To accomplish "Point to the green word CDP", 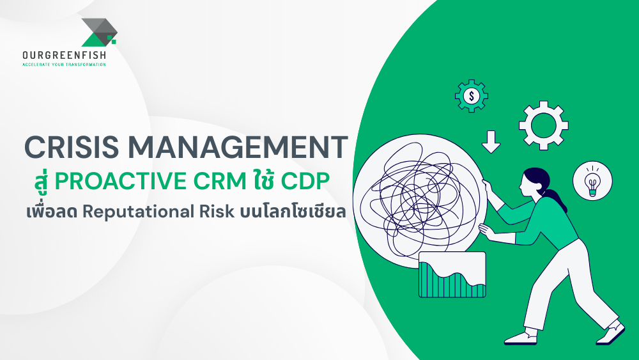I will (304, 182).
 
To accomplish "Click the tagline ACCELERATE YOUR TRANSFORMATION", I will (64, 65).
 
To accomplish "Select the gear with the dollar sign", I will (472, 97).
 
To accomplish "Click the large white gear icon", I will (543, 125).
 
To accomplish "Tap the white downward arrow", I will (491, 141).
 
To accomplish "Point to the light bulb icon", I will (592, 181).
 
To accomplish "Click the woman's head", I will (534, 182).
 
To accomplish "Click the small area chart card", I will (452, 275).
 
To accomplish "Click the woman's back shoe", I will (612, 331).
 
